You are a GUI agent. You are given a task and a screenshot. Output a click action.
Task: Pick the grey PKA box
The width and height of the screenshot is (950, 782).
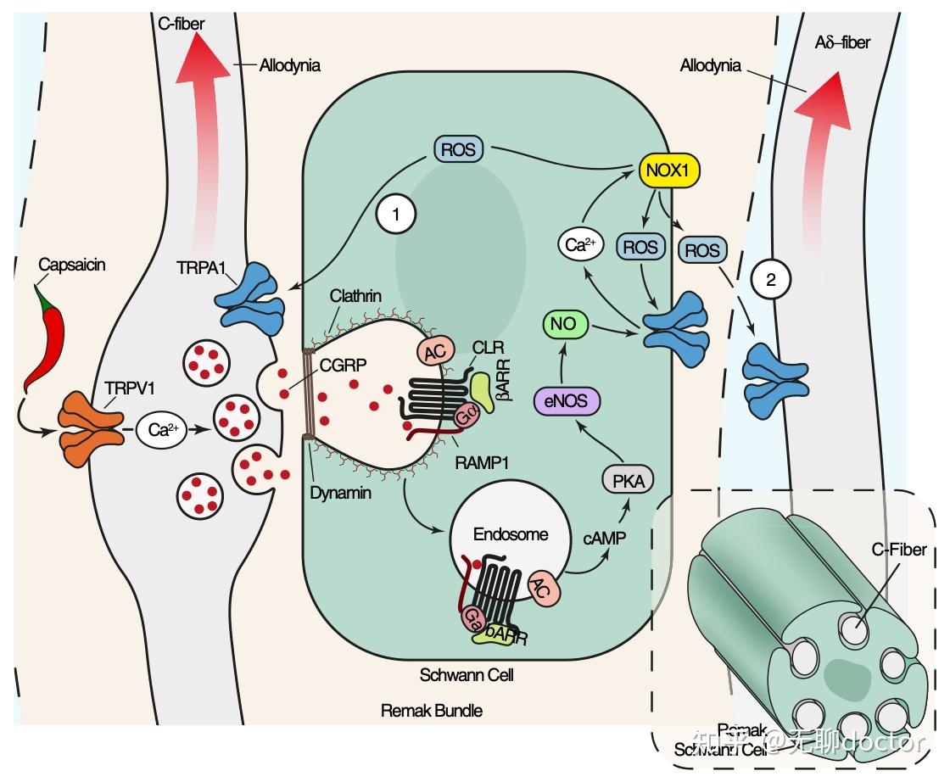point(629,482)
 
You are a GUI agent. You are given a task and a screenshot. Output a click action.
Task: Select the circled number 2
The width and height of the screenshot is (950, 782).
point(771,279)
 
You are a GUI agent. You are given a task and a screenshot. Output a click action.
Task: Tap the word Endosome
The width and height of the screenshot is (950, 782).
point(499,534)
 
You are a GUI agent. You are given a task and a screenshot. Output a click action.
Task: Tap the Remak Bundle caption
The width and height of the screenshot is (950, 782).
point(433,710)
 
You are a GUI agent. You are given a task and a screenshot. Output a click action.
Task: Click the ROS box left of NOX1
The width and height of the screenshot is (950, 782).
point(459,150)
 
